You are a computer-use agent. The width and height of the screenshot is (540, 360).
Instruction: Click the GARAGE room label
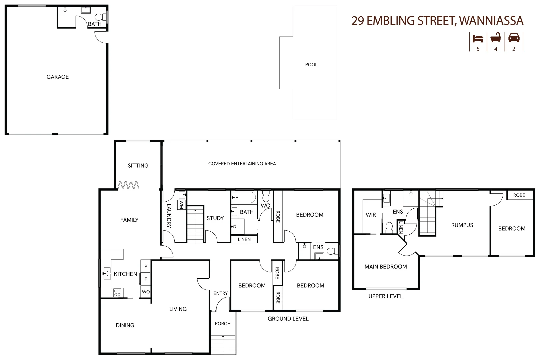[58, 77]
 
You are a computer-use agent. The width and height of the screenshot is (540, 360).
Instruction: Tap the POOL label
[311, 65]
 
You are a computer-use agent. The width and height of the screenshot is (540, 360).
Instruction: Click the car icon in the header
[514, 38]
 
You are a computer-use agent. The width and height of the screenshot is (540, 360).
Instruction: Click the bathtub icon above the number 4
[496, 38]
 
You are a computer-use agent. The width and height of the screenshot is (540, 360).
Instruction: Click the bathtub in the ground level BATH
[244, 197]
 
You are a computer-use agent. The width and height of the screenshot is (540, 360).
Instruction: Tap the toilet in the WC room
[266, 196]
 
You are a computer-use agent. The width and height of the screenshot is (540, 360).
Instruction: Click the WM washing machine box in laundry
[181, 204]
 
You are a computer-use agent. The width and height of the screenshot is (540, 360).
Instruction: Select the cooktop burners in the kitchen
[117, 293]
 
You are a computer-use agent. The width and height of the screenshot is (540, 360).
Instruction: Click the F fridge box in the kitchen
[146, 279]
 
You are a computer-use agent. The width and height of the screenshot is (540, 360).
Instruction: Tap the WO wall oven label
[146, 292]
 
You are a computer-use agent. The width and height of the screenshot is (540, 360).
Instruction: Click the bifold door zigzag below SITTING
[129, 185]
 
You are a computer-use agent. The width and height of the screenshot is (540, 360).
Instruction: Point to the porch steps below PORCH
[223, 344]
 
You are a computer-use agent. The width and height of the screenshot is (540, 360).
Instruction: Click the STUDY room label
[215, 218]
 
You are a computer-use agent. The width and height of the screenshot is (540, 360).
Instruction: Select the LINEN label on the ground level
[244, 239]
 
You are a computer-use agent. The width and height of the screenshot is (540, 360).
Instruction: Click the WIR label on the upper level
[371, 215]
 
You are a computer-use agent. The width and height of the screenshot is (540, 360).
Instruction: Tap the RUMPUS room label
[462, 225]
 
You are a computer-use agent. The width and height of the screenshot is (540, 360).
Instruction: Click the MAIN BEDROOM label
[385, 267]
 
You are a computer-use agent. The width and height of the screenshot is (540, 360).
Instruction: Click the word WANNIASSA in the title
[491, 21]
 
